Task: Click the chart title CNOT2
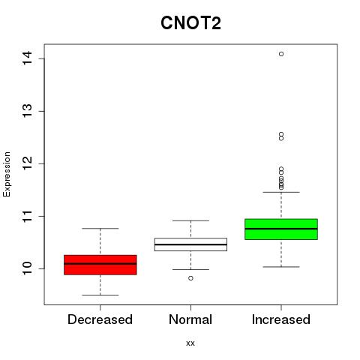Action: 190,23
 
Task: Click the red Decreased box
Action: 100,265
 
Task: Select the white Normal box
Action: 190,244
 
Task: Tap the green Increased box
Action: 281,229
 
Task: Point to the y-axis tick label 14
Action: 27,58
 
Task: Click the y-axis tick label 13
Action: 27,111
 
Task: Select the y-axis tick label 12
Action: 27,163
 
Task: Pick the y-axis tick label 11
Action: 27,216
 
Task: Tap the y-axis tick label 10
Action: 27,268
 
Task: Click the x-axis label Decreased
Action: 100,319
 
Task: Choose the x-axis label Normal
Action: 190,319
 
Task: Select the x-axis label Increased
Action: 281,319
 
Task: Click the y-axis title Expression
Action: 7,174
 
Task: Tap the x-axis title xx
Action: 190,343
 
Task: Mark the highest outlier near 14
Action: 281,54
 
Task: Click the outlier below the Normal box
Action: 190,278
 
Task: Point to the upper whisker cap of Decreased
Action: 100,228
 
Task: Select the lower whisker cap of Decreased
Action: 100,295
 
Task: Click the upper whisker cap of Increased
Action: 281,192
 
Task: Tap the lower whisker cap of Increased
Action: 281,267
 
